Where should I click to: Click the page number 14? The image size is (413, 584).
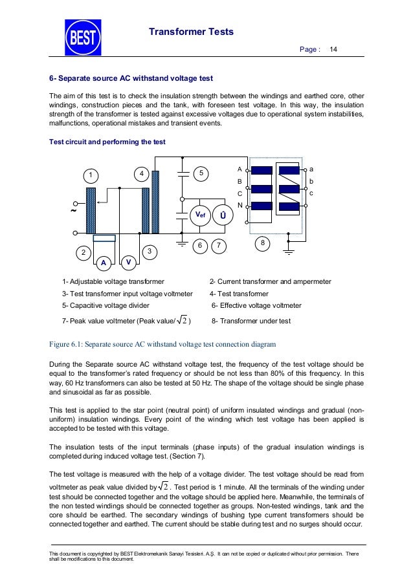334,49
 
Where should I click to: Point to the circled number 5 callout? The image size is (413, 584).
201,173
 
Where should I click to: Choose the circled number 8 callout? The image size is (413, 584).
263,243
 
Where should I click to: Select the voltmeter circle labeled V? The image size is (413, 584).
129,262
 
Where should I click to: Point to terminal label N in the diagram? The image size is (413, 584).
240,205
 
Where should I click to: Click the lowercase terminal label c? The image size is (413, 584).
311,193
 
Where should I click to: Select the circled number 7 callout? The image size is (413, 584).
219,245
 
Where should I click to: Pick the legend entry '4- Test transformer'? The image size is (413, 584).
239,294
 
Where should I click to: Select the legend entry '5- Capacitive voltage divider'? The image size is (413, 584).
106,305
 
